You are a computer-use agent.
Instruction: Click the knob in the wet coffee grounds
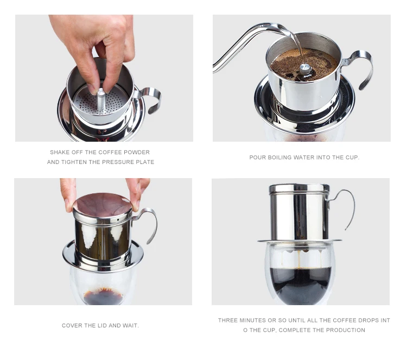305,70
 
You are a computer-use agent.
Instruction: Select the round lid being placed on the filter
102,205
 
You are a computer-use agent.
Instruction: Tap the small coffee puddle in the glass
103,296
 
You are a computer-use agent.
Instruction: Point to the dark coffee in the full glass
301,286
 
